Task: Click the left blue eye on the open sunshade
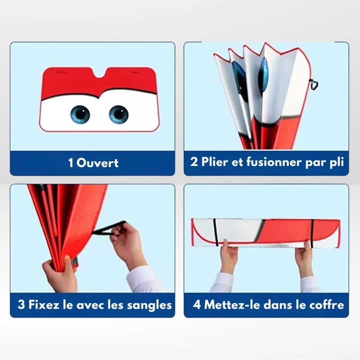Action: click(x=80, y=115)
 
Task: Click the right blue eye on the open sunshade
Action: click(x=119, y=115)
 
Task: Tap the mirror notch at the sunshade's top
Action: click(x=99, y=73)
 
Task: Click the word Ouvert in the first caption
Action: click(x=97, y=163)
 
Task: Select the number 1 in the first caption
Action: click(x=71, y=163)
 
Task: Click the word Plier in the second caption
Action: click(x=215, y=162)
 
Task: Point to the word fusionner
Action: click(x=274, y=162)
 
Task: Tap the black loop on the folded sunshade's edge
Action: click(x=314, y=84)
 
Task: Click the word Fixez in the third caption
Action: click(x=44, y=305)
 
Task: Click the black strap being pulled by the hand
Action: click(x=108, y=229)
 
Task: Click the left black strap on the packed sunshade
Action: click(x=216, y=232)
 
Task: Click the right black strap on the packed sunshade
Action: click(x=312, y=233)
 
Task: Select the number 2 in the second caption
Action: click(x=194, y=162)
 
